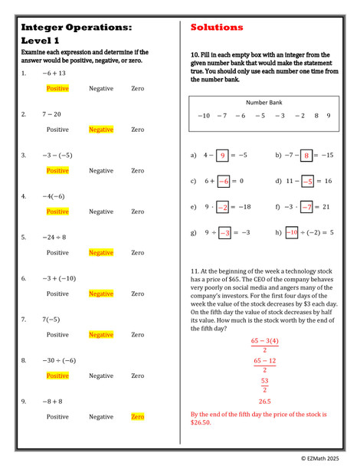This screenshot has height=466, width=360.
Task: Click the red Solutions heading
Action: click(217, 28)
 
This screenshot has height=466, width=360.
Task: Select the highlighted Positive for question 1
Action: click(57, 88)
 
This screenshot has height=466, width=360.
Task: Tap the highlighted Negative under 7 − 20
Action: click(101, 130)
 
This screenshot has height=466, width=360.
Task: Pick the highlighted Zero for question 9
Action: click(138, 417)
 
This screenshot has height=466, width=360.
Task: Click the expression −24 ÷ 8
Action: click(54, 237)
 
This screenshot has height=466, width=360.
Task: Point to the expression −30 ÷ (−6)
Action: click(59, 360)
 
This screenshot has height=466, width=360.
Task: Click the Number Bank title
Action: click(263, 102)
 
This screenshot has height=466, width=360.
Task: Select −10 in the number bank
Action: click(203, 116)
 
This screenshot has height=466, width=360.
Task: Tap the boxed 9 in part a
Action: click(223, 156)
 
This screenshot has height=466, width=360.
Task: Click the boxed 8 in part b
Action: click(306, 156)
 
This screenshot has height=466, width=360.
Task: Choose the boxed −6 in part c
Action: click(223, 182)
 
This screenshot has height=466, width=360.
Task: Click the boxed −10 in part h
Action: click(292, 233)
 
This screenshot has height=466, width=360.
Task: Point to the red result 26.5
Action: click(264, 401)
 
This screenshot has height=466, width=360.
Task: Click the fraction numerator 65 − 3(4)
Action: click(264, 341)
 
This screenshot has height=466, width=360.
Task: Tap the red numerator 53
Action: click(264, 381)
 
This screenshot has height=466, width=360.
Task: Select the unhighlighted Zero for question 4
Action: click(138, 212)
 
